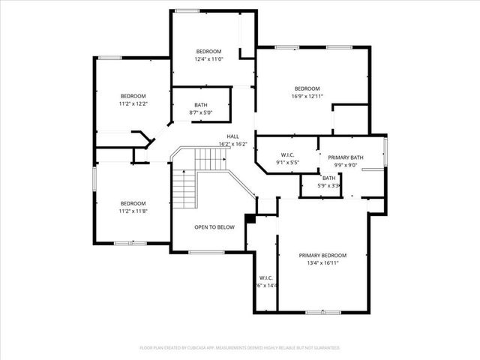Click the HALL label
point(232,136)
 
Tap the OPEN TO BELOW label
point(214,226)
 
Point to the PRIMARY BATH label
point(346,157)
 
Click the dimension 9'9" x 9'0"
point(346,166)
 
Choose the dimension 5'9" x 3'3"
point(329,186)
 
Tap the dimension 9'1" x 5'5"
point(287,162)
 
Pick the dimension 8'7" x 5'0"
point(201,113)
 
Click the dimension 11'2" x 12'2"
point(133,103)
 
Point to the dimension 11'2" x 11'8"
point(133,211)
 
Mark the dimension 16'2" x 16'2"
point(232,144)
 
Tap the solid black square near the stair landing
point(251,220)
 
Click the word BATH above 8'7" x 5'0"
point(201,105)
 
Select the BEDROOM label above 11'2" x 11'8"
point(133,203)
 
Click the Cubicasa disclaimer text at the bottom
point(240,348)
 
